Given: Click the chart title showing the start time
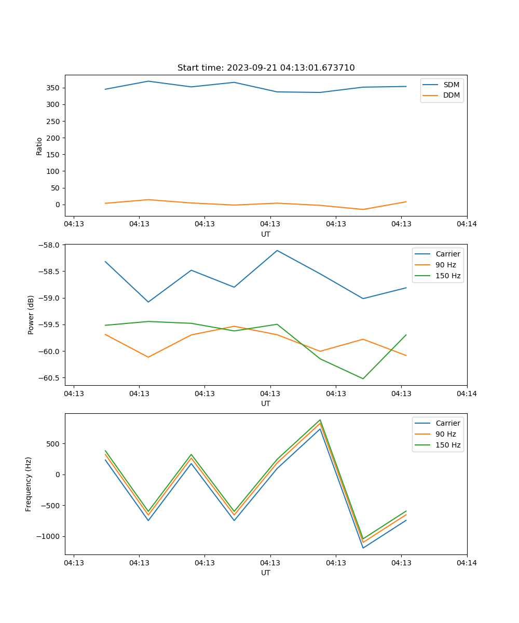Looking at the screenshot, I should [266, 68].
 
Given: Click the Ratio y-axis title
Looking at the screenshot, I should [39, 146].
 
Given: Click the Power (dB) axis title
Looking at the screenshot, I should [31, 315].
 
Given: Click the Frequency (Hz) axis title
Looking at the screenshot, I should [29, 484].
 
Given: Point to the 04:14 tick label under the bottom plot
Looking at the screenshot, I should [467, 562].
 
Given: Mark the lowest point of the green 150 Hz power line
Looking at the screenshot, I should [363, 378].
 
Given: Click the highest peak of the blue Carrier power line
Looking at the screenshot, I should [277, 250].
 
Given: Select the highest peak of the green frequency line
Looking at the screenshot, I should [320, 420].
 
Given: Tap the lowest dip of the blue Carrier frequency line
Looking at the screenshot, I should [363, 548].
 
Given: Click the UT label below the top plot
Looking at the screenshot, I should [266, 234].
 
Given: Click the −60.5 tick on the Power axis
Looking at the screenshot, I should [50, 378].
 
